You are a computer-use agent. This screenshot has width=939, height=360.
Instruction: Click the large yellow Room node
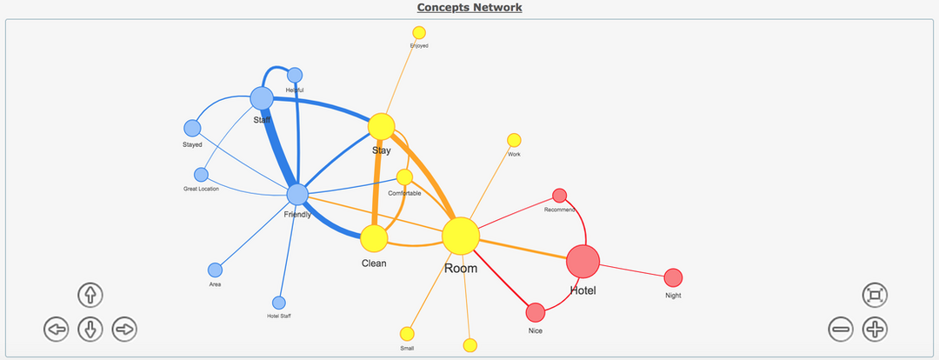tap(461, 236)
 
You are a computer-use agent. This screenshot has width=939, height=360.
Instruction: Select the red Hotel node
tap(583, 261)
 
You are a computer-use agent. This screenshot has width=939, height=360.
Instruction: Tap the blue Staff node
tap(262, 98)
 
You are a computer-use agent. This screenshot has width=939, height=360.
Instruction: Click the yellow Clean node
tap(374, 237)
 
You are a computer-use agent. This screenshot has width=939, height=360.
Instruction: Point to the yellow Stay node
tap(381, 126)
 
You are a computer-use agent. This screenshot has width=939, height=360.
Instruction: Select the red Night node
tap(673, 277)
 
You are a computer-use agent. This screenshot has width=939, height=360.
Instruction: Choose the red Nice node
tap(536, 311)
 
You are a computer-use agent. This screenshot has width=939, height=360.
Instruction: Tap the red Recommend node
tap(560, 195)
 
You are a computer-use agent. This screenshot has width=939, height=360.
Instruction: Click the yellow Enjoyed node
tap(419, 32)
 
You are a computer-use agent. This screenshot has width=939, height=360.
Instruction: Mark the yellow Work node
tap(514, 140)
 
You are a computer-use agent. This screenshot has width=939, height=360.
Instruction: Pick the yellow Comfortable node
tap(404, 177)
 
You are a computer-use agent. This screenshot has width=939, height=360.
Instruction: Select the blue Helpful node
tap(295, 75)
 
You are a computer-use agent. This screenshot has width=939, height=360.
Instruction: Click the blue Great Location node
tap(201, 174)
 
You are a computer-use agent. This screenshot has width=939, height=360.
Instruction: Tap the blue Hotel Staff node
tap(279, 302)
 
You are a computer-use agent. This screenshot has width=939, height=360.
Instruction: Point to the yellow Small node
tap(407, 333)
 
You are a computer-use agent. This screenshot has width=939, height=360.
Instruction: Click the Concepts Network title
tap(469, 8)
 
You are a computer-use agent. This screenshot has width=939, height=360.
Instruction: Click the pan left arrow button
tap(57, 329)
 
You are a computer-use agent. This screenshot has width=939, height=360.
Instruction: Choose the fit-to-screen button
tap(875, 295)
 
